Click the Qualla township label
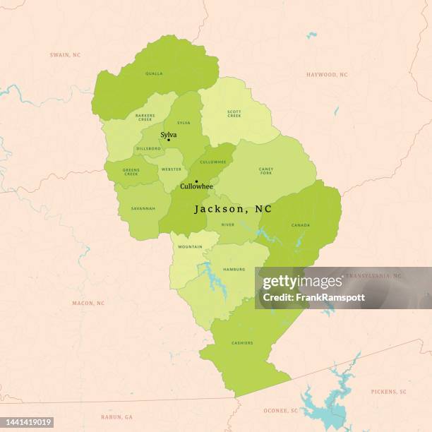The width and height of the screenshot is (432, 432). click(x=154, y=73)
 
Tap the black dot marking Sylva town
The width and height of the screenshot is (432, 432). click(x=168, y=140)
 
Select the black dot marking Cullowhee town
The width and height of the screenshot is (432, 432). click(x=196, y=181)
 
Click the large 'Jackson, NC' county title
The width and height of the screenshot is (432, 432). click(x=233, y=209)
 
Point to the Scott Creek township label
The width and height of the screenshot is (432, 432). click(x=234, y=113)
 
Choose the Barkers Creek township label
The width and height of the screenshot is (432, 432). click(x=145, y=118)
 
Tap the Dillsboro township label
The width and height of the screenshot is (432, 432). click(x=148, y=148)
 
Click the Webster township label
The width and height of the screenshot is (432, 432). click(x=172, y=169)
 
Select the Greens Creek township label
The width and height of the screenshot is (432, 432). click(x=131, y=172)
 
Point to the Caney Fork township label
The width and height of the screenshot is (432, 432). click(x=265, y=170)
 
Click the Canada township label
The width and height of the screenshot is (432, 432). click(x=300, y=225)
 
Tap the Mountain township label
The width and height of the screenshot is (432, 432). click(x=189, y=247)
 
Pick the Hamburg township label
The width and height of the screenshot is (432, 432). click(x=234, y=269)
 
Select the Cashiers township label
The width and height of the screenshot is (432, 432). click(x=242, y=343)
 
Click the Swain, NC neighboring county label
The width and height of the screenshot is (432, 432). click(x=65, y=54)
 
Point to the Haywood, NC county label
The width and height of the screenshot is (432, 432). click(x=327, y=74)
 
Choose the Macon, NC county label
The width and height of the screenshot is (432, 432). click(x=88, y=303)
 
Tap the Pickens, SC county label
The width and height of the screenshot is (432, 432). click(x=389, y=391)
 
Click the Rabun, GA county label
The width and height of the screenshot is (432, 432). click(x=116, y=417)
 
